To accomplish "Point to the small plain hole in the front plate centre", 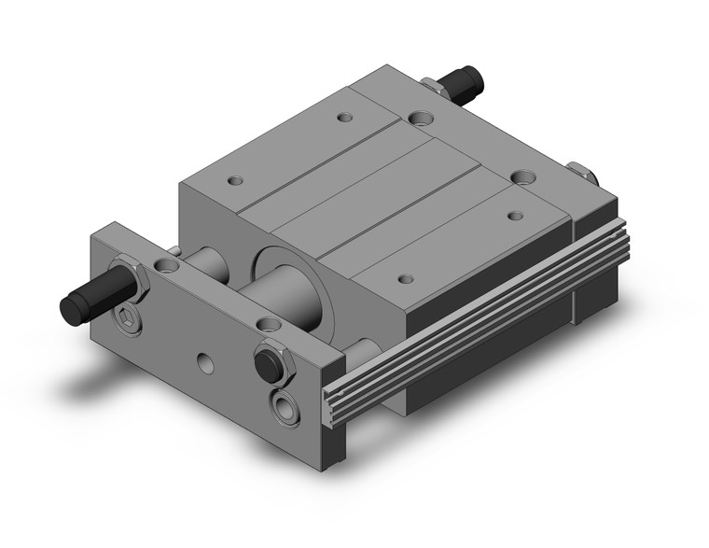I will pyautogui.click(x=203, y=357).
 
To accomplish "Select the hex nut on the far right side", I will pyautogui.click(x=581, y=173).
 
